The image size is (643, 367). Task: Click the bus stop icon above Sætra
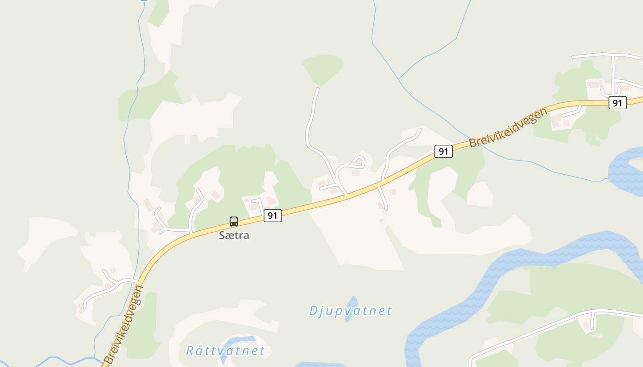click(x=234, y=222)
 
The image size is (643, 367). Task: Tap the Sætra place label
click(x=234, y=236)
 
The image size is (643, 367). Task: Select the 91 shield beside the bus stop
click(x=272, y=215)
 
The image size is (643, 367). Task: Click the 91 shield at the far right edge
click(x=617, y=103)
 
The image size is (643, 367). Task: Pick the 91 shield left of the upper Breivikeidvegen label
click(x=443, y=151)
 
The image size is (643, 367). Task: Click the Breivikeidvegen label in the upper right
click(x=508, y=128)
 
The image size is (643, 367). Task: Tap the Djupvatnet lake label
click(x=350, y=311)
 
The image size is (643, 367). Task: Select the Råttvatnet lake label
click(x=226, y=351)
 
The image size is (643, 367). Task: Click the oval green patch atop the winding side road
click(x=323, y=69)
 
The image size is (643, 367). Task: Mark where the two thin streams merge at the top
click(x=399, y=79)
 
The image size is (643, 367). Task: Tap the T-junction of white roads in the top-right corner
click(x=613, y=56)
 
